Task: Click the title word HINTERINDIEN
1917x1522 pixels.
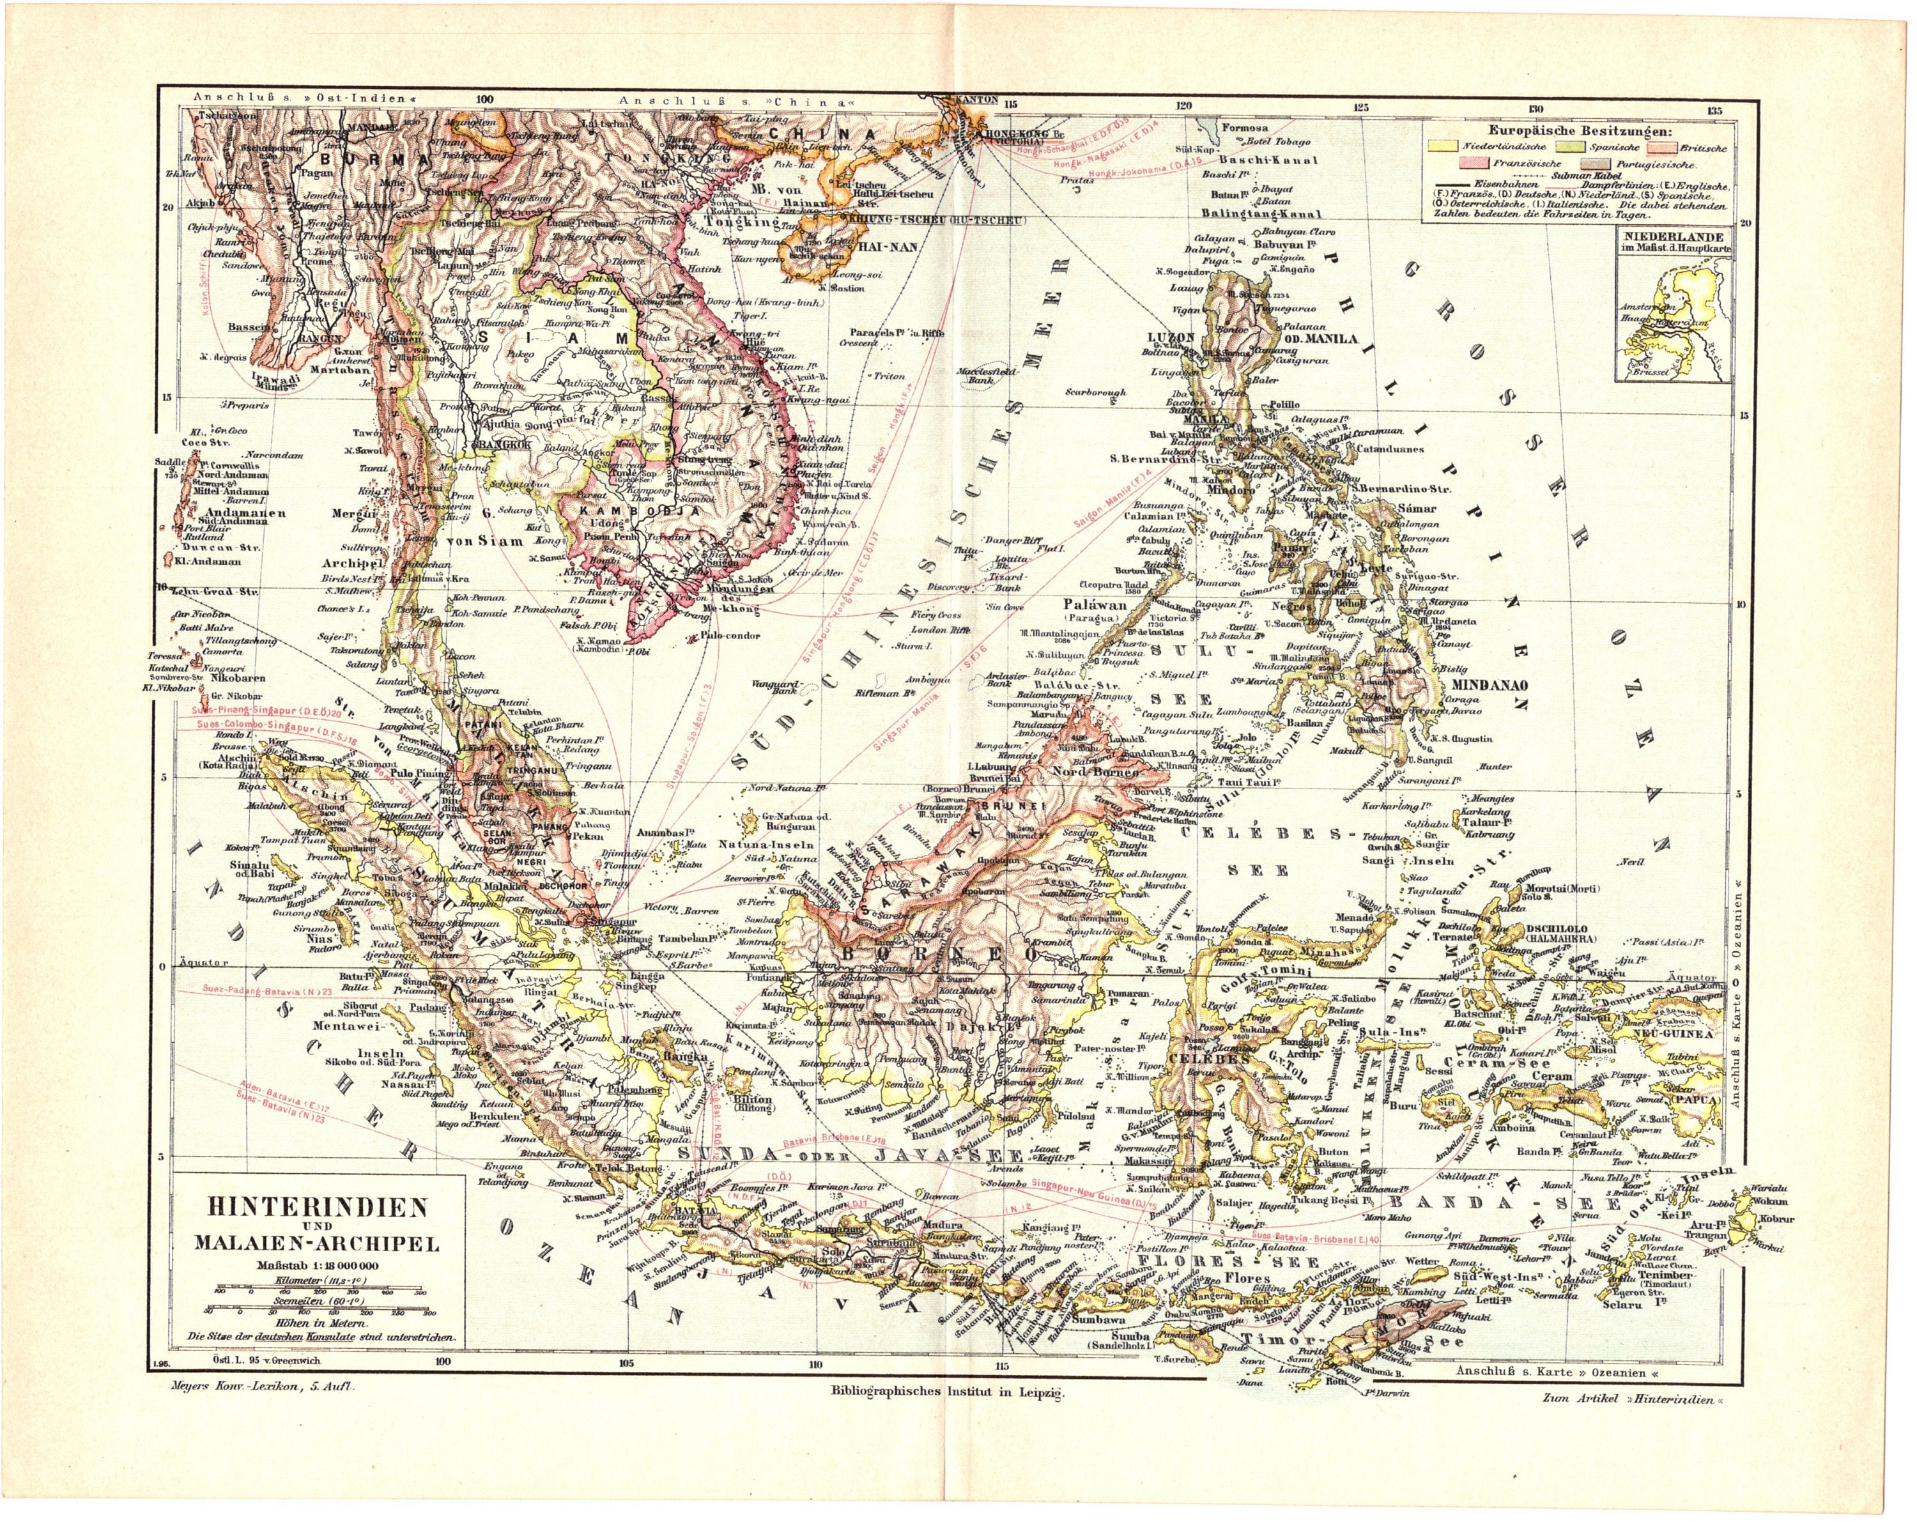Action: pos(318,1207)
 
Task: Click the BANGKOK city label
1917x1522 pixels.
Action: pos(504,443)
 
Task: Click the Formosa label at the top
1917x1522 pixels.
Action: pos(1245,127)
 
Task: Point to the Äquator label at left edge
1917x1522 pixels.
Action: pos(204,963)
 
